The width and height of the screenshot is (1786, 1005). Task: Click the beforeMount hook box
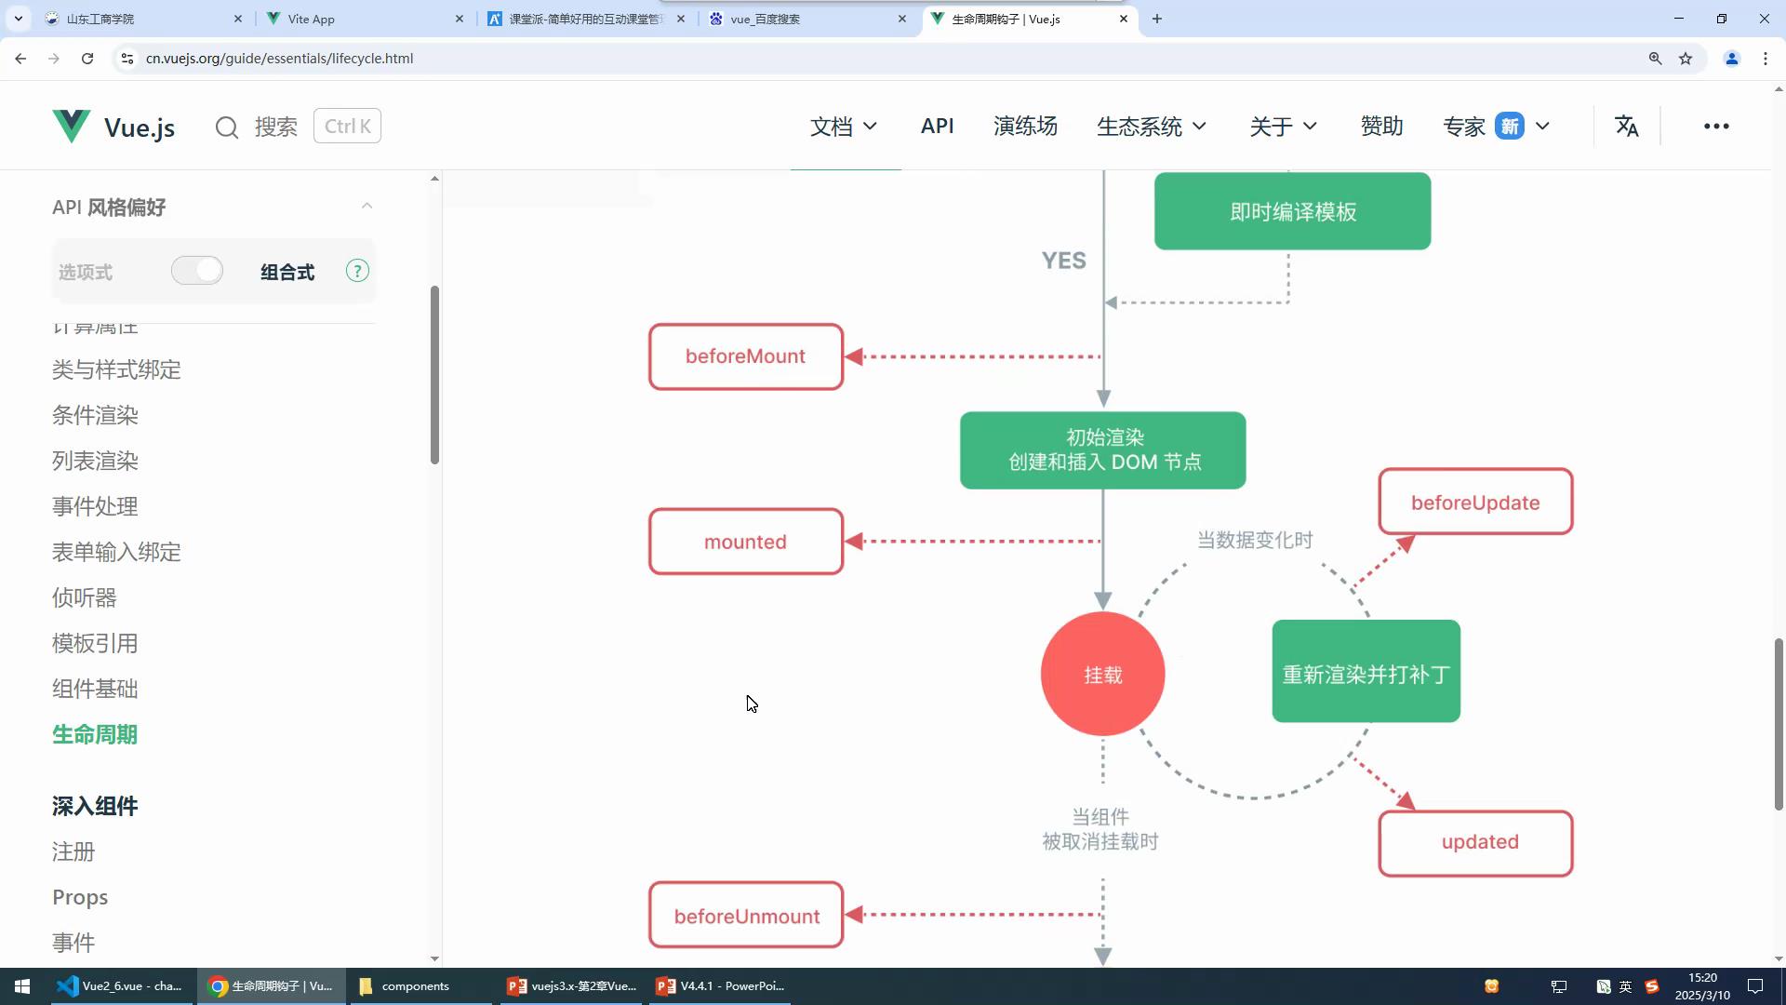(746, 356)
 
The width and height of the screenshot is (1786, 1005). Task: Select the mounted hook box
(746, 542)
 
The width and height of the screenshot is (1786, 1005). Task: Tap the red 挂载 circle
(1103, 675)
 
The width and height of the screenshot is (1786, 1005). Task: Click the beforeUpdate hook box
(1475, 502)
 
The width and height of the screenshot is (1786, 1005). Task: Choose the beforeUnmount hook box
(746, 916)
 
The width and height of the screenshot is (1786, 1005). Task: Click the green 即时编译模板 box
(1292, 211)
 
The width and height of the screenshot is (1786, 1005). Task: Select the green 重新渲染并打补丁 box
(1366, 672)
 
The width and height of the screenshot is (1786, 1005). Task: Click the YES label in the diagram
(1063, 261)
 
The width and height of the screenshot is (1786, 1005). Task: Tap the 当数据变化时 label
(1254, 540)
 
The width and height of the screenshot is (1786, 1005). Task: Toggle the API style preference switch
(197, 271)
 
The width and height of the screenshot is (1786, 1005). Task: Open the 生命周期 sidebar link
(95, 734)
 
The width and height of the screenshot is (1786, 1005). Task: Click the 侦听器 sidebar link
(85, 597)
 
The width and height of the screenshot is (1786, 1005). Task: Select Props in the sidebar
(80, 897)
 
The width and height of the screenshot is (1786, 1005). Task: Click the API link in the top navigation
(937, 126)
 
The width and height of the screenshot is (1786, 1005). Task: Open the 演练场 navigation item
(1025, 126)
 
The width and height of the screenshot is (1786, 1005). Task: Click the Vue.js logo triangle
(71, 126)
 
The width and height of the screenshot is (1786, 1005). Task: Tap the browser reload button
(87, 59)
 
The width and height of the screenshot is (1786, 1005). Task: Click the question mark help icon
(357, 271)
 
